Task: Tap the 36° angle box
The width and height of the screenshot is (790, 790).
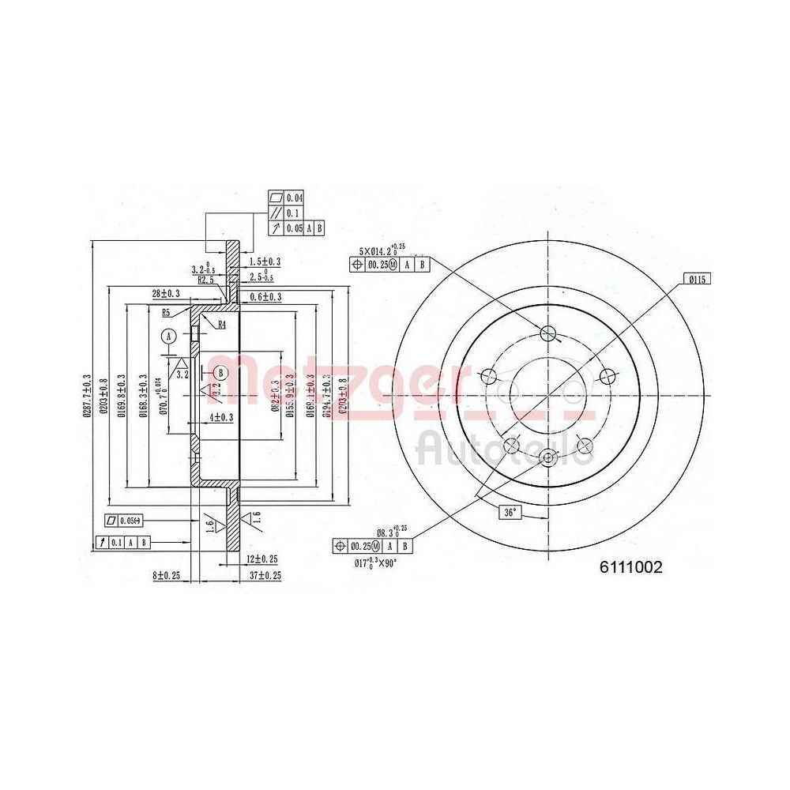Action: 510,513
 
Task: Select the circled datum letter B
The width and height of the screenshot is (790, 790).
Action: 220,372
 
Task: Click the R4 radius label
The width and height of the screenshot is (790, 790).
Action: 222,324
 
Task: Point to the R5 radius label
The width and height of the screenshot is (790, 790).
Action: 167,313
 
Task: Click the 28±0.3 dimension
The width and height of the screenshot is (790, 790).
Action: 165,293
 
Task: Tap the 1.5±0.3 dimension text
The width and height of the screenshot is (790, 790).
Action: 265,261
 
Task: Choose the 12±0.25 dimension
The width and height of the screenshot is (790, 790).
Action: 261,559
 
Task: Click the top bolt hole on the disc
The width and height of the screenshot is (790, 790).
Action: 549,331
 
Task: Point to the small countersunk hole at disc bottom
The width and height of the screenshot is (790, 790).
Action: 549,457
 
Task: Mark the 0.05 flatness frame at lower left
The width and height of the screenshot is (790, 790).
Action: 126,520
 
